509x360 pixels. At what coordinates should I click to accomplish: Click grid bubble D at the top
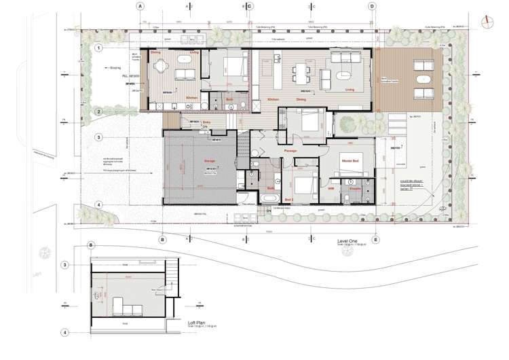click(x=372, y=6)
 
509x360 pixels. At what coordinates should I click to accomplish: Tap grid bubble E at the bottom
click(x=375, y=240)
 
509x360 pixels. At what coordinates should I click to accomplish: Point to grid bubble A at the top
click(x=140, y=6)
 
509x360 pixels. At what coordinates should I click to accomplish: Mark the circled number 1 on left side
click(x=98, y=48)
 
